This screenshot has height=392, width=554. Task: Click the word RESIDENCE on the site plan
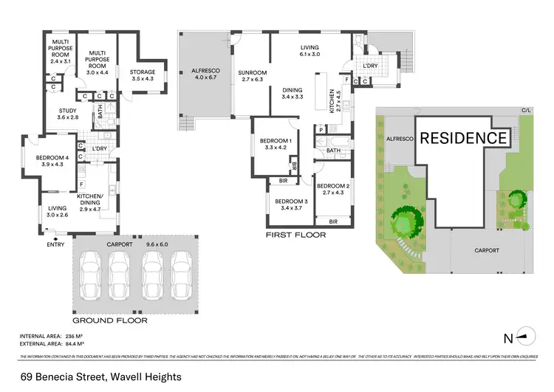pyautogui.click(x=464, y=137)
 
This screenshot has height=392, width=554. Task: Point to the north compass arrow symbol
pyautogui.click(x=524, y=339)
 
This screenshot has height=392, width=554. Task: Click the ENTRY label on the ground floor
pyautogui.click(x=55, y=244)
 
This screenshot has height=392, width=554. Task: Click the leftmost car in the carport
pyautogui.click(x=91, y=274)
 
